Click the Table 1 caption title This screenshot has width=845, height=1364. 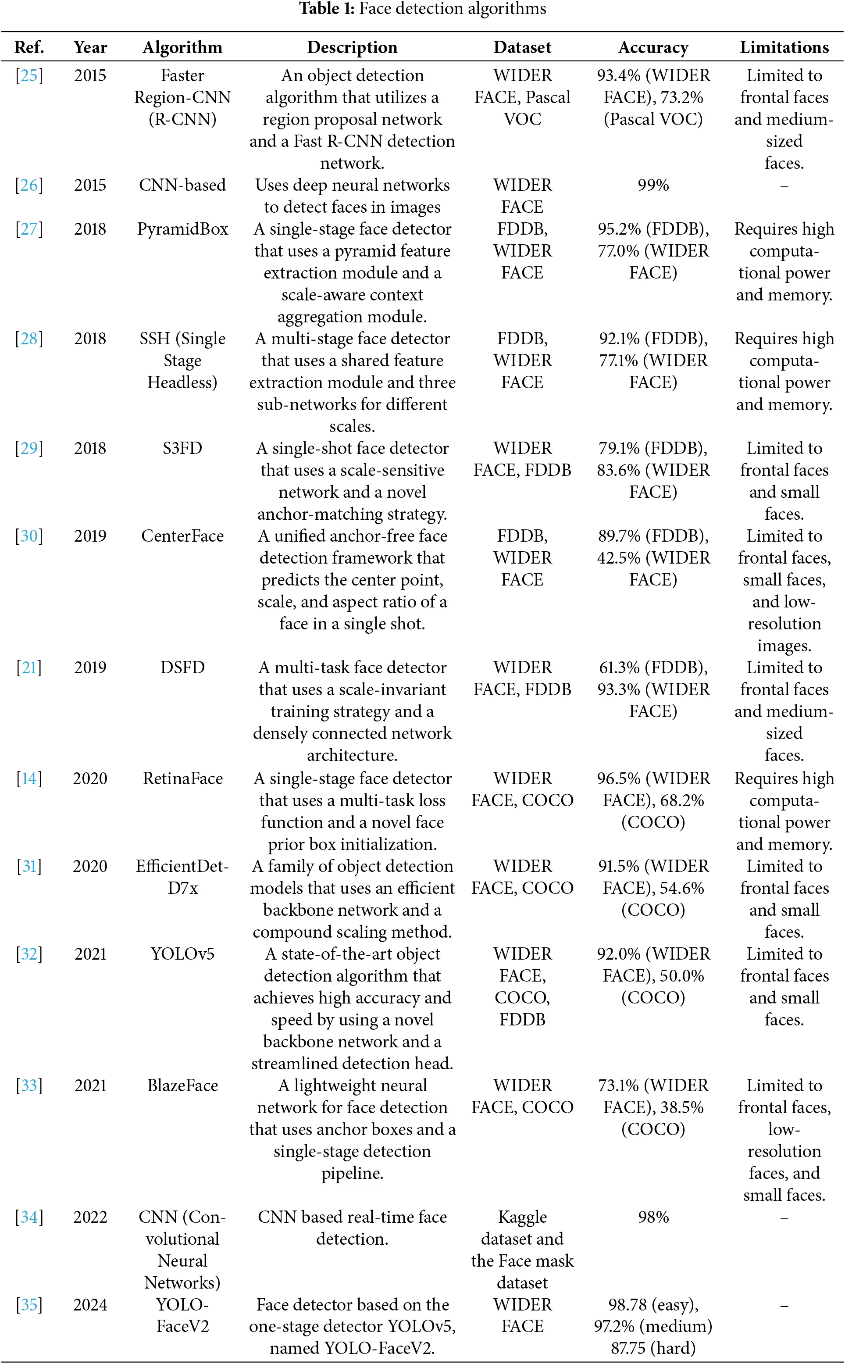[423, 9]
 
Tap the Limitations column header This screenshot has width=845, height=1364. [784, 47]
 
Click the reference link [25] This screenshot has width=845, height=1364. [29, 75]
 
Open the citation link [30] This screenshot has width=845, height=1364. [29, 536]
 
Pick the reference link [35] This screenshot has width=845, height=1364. [29, 1304]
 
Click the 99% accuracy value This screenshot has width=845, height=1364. [653, 185]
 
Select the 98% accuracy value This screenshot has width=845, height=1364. [653, 1217]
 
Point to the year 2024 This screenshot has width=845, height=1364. [90, 1304]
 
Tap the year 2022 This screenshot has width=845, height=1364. [90, 1217]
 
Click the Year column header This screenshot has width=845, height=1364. [90, 47]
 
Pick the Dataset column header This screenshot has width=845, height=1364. [522, 47]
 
